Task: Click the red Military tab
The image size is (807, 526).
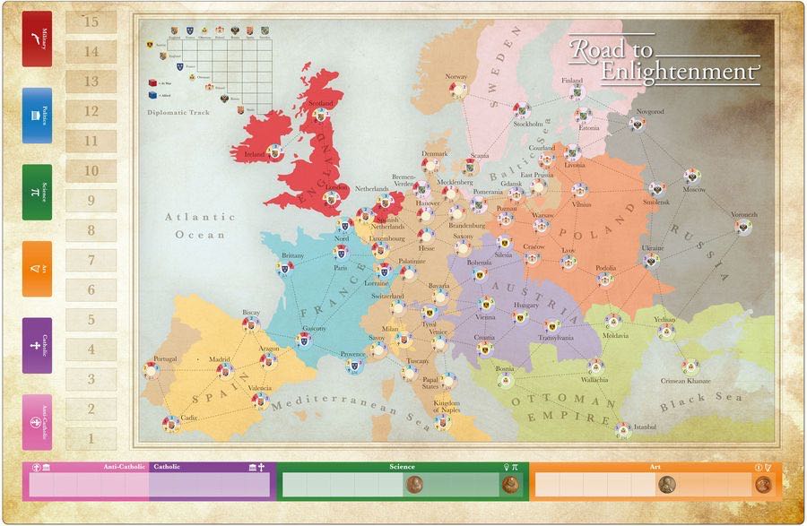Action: [x=37, y=39]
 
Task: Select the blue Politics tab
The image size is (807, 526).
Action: [x=37, y=116]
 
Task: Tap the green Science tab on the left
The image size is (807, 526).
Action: [x=37, y=192]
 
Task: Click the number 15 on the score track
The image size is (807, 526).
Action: [x=91, y=22]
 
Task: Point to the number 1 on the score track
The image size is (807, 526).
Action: [x=91, y=439]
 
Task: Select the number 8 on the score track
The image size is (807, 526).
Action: [x=91, y=230]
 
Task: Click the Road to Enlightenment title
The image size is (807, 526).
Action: [x=664, y=59]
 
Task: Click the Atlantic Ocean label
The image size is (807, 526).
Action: [x=201, y=226]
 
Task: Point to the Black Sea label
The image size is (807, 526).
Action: [x=690, y=401]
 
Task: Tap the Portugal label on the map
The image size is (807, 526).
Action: [x=165, y=359]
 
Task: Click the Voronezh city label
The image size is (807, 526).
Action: [x=743, y=214]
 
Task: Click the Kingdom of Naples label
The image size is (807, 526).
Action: [x=447, y=407]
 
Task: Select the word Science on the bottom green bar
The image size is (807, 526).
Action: [x=402, y=467]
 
